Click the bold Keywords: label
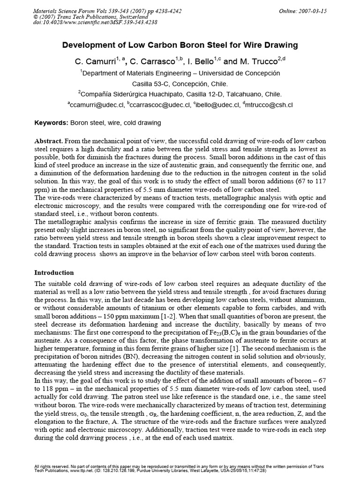tap(52, 123)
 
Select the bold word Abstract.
tap(49, 141)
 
